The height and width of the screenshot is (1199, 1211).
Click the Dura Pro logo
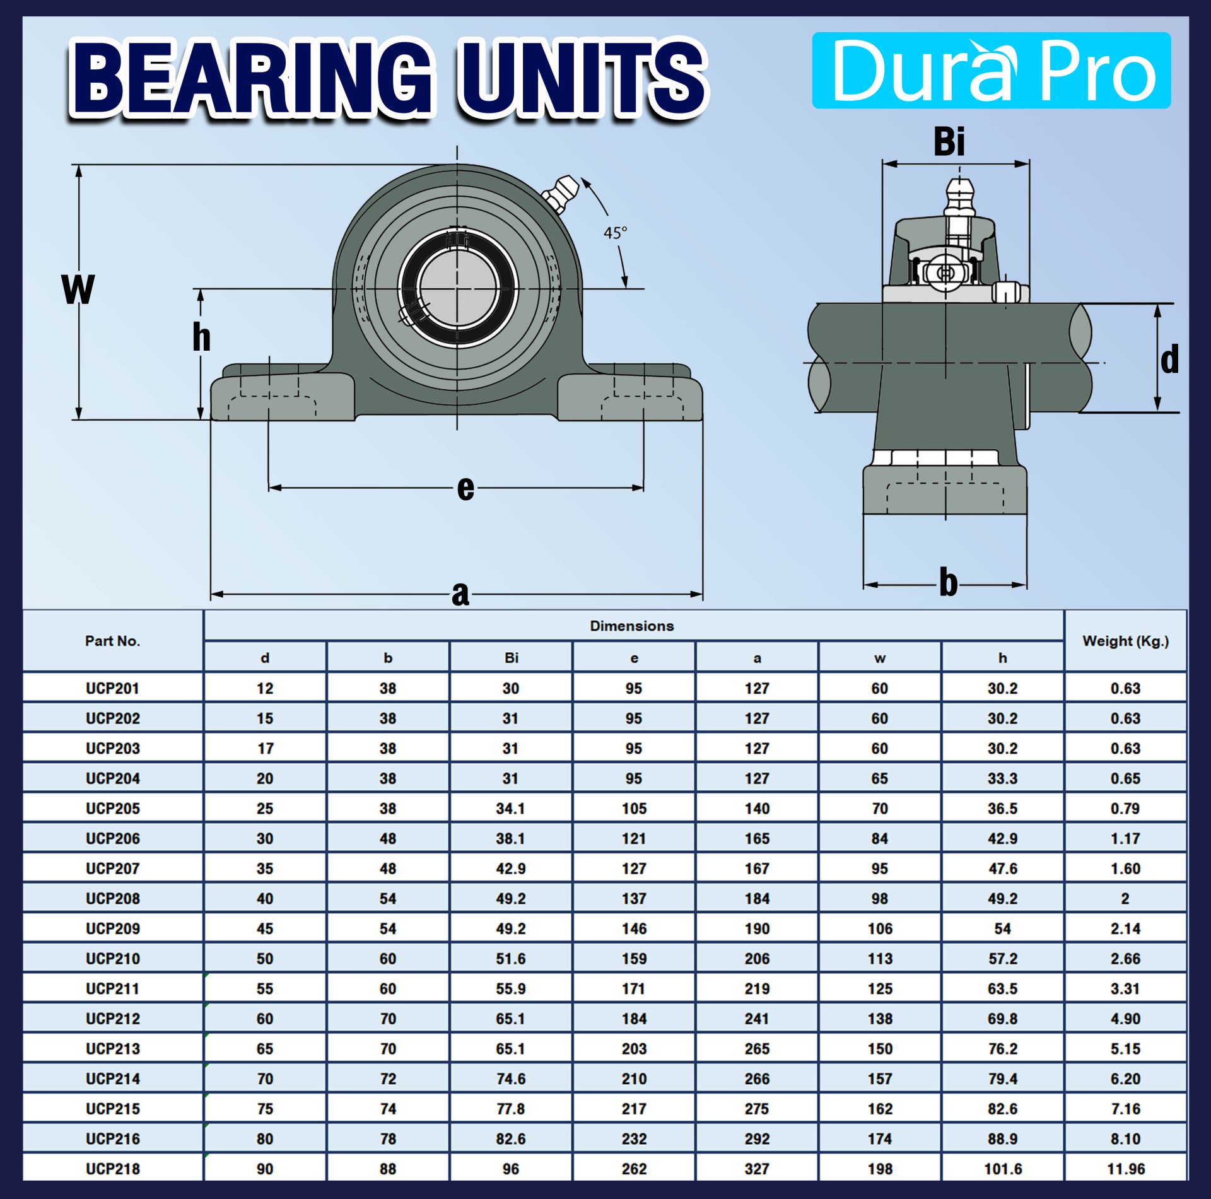coord(991,70)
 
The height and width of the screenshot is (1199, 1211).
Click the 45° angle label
coord(615,233)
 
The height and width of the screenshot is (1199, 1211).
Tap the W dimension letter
coord(78,290)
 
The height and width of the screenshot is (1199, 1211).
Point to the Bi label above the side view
coord(949,141)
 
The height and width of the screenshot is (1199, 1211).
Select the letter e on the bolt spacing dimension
coord(465,488)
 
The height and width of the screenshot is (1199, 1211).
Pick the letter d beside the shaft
coord(1169,360)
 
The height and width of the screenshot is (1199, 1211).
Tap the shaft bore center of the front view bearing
coord(457,289)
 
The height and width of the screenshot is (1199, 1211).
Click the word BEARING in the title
coord(252,79)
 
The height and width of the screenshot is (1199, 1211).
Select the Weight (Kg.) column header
coord(1125,641)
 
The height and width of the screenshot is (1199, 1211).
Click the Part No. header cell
coord(112,641)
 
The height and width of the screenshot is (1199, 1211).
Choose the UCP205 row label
coord(112,808)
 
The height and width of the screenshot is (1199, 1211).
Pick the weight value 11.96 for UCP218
coord(1125,1169)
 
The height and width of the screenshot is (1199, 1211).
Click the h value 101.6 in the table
coord(1002,1169)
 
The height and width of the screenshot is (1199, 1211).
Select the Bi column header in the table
coord(511,658)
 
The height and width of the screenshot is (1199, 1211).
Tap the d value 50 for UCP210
coord(265,959)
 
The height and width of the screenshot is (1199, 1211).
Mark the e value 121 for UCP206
coord(634,838)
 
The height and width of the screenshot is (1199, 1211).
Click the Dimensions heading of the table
coord(631,626)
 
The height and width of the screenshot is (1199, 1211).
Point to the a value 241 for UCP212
coord(756,1019)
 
